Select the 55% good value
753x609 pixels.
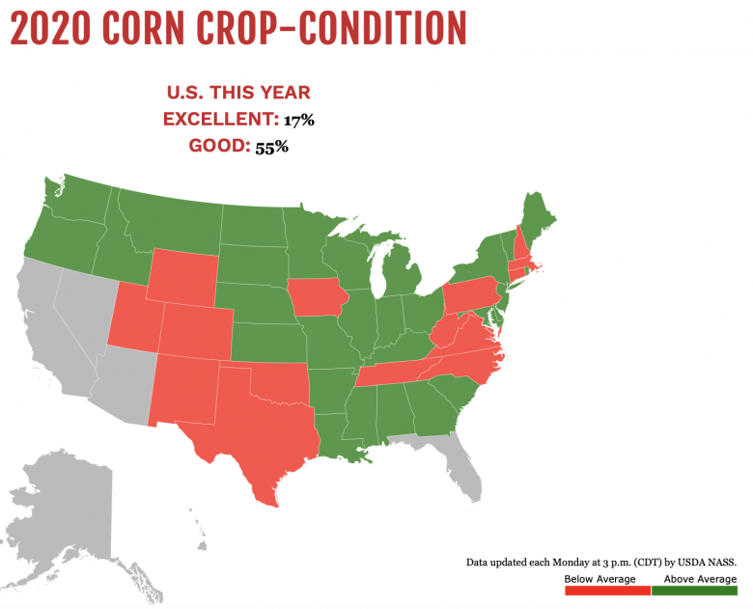tap(271, 148)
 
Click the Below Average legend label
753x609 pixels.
tap(600, 578)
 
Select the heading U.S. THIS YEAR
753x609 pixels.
tap(237, 93)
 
